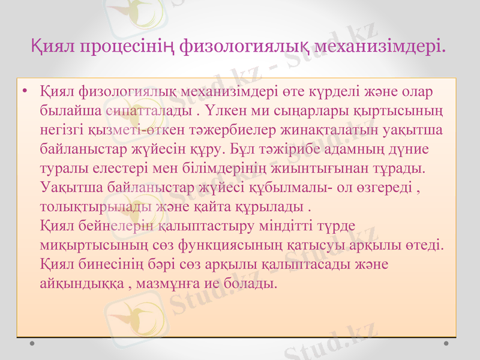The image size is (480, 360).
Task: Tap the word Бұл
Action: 244,146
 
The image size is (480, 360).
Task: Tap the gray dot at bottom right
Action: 446,344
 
